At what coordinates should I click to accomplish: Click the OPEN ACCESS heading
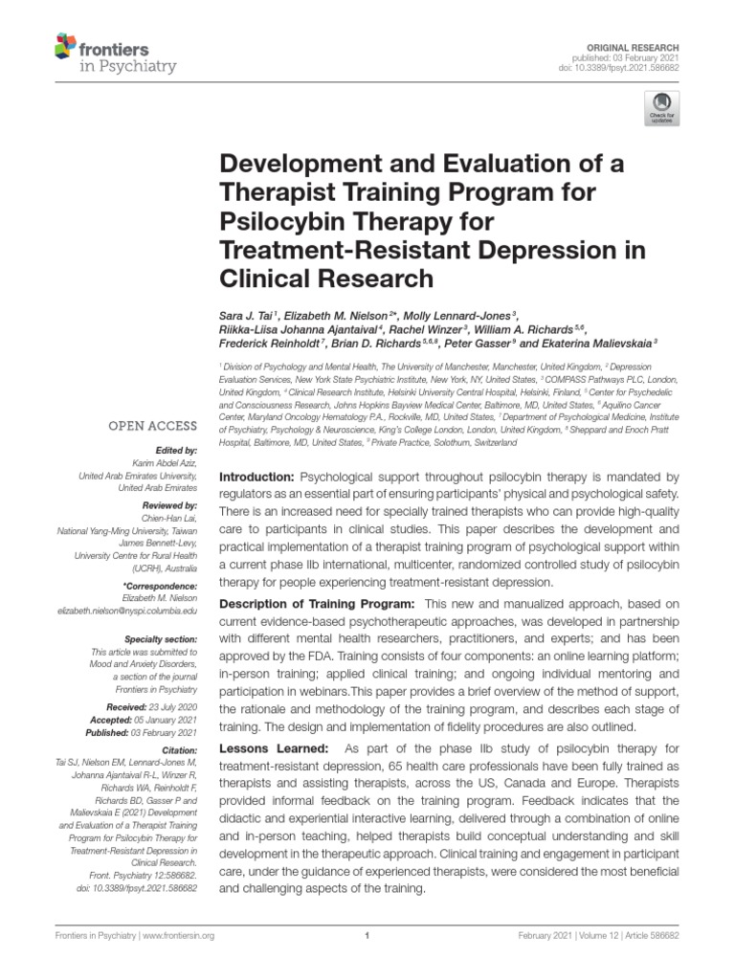(x=152, y=425)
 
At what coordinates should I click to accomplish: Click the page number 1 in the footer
(x=367, y=938)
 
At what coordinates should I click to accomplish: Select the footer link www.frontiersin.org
(x=183, y=938)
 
